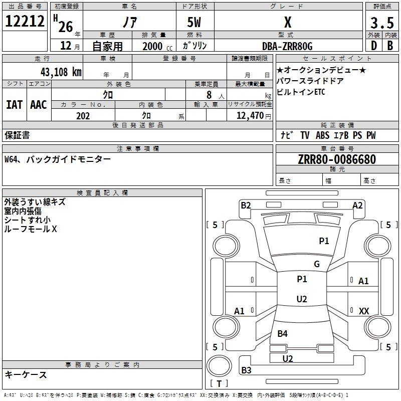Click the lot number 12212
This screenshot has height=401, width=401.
25,21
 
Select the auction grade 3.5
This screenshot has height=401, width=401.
382,23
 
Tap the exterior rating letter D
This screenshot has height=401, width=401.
374,46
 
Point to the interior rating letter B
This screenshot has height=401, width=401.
390,46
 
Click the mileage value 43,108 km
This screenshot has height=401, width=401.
61,72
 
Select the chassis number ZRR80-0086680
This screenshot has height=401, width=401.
337,159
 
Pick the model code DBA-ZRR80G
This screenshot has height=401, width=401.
287,46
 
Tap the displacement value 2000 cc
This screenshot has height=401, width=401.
157,46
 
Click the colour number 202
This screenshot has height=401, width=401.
83,116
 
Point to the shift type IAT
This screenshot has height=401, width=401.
14,105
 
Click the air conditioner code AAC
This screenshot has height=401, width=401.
39,105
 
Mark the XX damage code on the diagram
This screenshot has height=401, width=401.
364,311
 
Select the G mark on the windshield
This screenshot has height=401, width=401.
317,264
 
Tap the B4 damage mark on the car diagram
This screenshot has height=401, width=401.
282,333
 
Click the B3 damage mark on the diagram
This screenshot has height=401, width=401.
246,370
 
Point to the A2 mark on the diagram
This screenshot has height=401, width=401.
357,206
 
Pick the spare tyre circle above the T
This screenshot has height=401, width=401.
219,366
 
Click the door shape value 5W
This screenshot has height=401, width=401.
194,22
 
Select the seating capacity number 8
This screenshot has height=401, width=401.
209,95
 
